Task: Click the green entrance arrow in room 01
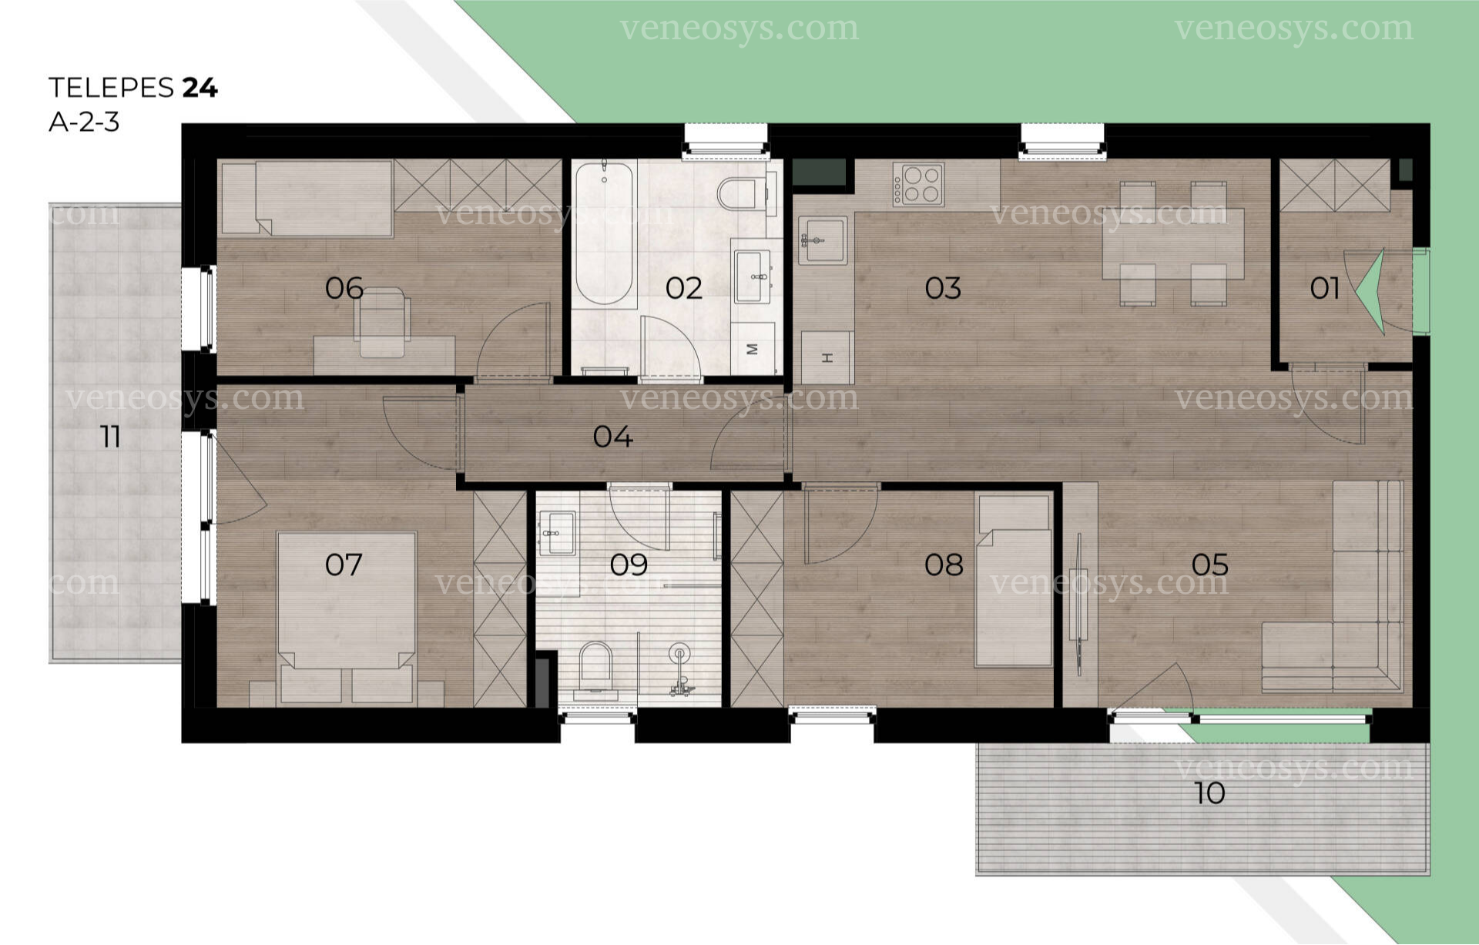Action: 1372,291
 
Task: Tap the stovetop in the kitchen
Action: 918,185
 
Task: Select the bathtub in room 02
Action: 605,233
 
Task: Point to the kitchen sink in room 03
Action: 823,240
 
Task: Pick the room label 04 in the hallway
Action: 613,437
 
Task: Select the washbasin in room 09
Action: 557,532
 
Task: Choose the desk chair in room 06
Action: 382,323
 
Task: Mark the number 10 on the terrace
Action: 1209,793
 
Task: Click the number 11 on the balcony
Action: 110,437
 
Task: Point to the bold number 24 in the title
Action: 200,88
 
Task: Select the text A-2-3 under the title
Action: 84,122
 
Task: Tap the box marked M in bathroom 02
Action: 753,349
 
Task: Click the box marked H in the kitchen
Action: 827,357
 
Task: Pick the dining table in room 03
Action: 1173,243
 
